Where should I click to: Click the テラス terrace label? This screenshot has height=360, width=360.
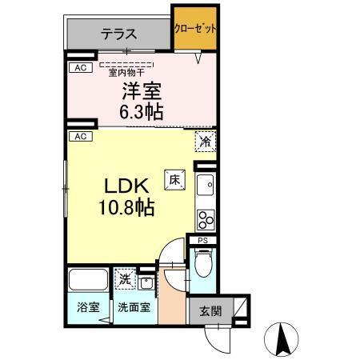point(118,34)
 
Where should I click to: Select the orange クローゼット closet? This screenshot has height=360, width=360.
point(194,28)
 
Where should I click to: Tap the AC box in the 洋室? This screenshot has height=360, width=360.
point(79,69)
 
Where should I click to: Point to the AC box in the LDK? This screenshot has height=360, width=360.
point(79,137)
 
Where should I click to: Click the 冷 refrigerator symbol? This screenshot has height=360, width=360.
point(206,142)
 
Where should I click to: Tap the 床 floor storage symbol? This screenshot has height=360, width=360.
point(173,180)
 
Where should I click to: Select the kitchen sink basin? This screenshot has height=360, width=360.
point(206,186)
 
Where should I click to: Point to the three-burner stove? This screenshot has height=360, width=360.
point(206,218)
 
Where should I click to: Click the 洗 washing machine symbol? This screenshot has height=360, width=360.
point(125,280)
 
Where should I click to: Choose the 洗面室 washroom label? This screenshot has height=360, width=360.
point(132,307)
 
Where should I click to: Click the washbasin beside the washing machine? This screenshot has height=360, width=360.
point(146,282)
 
